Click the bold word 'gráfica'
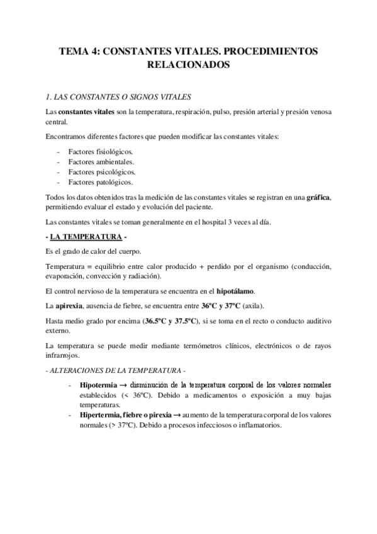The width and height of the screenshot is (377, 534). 318,198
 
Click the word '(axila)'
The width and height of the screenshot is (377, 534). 253,305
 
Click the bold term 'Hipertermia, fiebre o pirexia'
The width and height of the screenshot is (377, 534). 125,415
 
